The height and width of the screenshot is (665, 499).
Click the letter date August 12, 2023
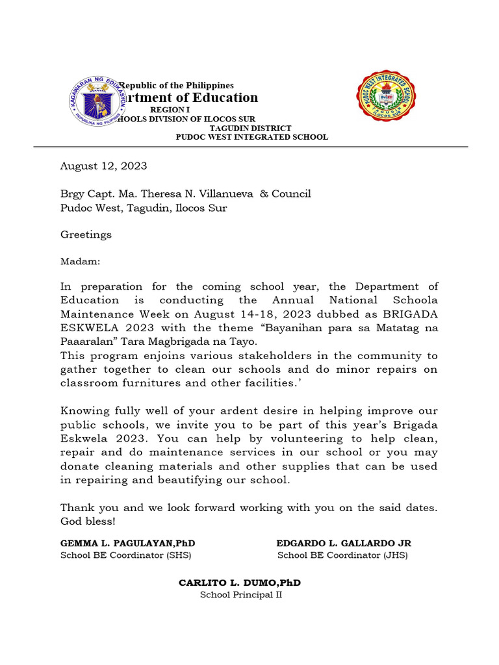(104, 166)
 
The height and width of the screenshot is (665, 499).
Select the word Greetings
(86, 234)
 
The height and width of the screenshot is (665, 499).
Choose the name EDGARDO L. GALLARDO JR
(344, 543)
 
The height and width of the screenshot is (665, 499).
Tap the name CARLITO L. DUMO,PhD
(240, 583)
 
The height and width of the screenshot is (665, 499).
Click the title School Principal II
(240, 595)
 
